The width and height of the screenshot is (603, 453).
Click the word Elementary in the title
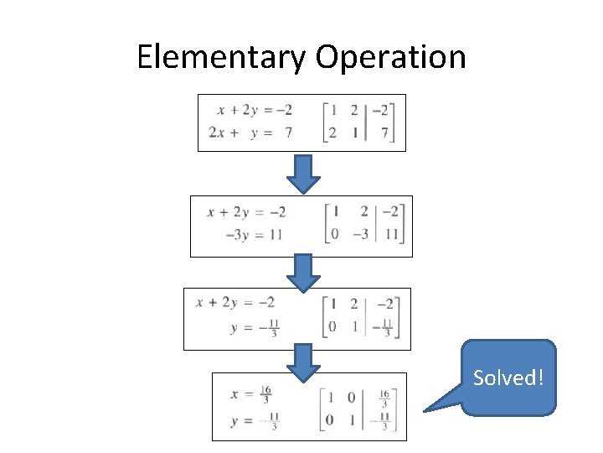pyautogui.click(x=221, y=58)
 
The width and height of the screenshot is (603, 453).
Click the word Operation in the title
pyautogui.click(x=390, y=58)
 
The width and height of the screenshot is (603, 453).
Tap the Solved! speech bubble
pyautogui.click(x=508, y=377)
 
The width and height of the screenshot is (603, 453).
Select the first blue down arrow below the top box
pyautogui.click(x=304, y=174)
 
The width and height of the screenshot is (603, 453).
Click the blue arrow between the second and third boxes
pyautogui.click(x=304, y=272)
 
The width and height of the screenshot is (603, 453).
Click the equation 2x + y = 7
pyautogui.click(x=250, y=133)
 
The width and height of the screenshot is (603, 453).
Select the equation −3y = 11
pyautogui.click(x=253, y=234)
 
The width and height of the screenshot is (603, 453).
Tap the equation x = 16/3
pyautogui.click(x=249, y=393)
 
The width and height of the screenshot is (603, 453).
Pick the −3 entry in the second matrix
pyautogui.click(x=359, y=234)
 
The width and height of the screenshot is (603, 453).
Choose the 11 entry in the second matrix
pyautogui.click(x=391, y=234)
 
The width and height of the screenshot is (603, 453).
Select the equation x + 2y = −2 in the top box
pyautogui.click(x=254, y=110)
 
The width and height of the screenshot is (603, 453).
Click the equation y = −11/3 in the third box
pyautogui.click(x=254, y=328)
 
